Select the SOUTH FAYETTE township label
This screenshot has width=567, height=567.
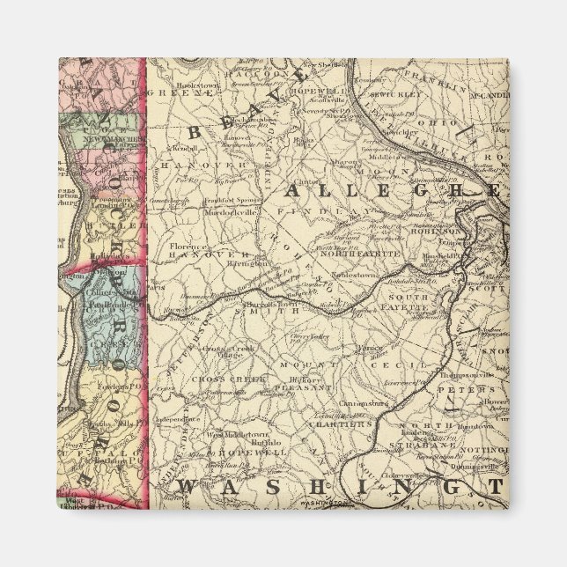tap(401, 305)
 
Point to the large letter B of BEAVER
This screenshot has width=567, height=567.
tap(194, 129)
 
